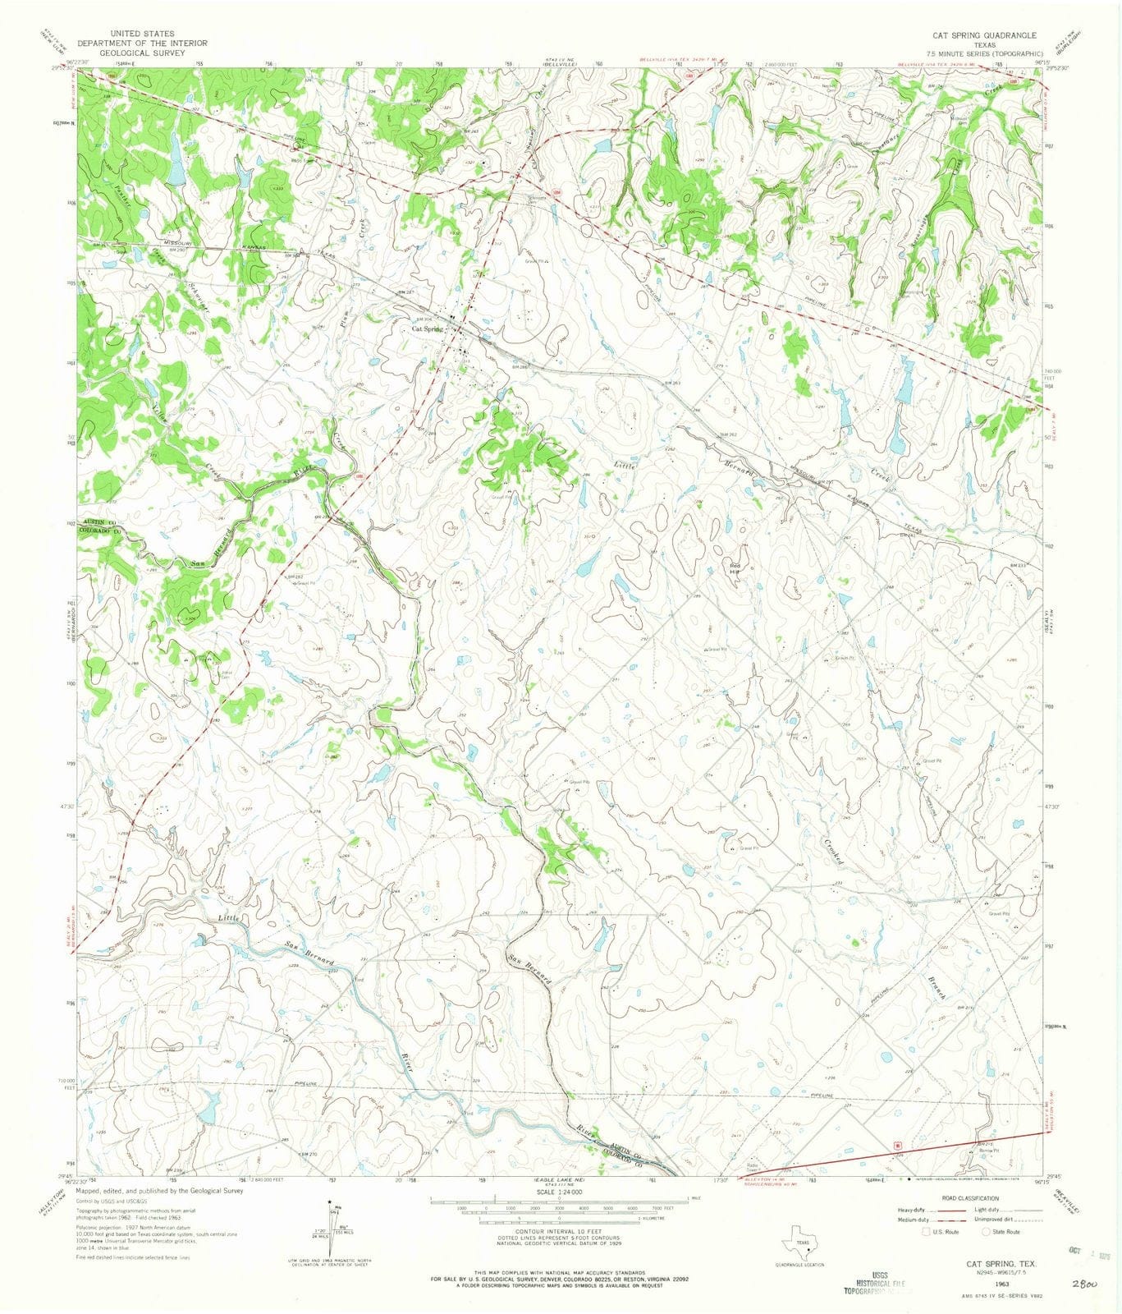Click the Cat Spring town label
[x=427, y=328]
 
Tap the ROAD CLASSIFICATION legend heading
[x=971, y=1199]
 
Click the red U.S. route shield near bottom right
[x=897, y=1143]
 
